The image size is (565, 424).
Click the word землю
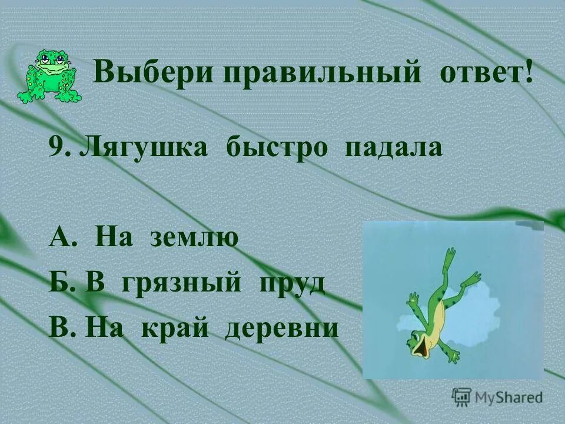point(194,238)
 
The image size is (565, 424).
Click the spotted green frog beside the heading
point(51,74)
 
